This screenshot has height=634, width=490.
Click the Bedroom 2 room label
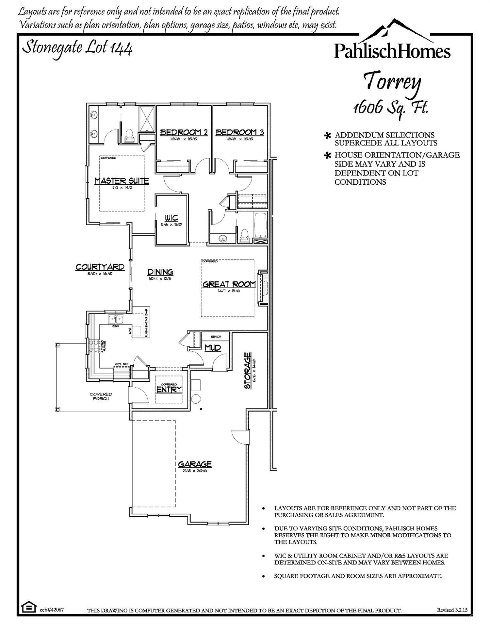184,132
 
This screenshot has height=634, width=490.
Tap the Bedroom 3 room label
240,132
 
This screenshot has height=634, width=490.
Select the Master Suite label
122,181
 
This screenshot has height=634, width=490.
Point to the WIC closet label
171,218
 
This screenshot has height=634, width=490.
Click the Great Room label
229,284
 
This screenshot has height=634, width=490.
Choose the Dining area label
160,272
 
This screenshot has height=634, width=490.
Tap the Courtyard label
100,267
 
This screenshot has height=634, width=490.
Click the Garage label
195,464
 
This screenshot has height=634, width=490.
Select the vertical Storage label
248,370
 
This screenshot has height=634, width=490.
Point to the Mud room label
213,348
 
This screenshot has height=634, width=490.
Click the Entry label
169,389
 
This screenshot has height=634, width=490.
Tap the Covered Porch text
101,396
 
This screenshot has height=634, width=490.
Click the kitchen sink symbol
116,319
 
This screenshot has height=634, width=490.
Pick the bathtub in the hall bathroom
260,225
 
